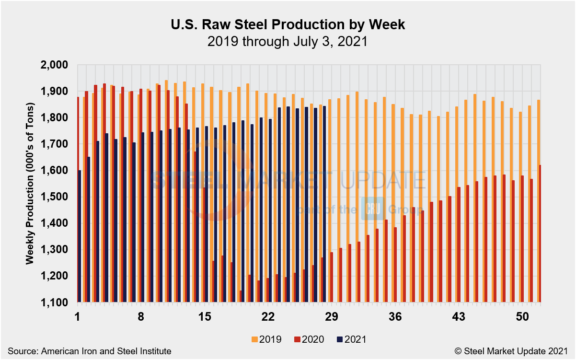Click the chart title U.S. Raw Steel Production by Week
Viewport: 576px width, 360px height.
pyautogui.click(x=288, y=25)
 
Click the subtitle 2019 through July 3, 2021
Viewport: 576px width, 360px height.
pyautogui.click(x=288, y=41)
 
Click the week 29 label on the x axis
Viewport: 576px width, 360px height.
pyautogui.click(x=332, y=317)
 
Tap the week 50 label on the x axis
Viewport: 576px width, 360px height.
pyautogui.click(x=522, y=317)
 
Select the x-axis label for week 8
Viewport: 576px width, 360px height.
pyautogui.click(x=141, y=317)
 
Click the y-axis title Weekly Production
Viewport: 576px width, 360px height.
pyautogui.click(x=30, y=183)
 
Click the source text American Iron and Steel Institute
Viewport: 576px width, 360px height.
pyautogui.click(x=89, y=351)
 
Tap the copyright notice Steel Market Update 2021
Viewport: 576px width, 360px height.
pyautogui.click(x=510, y=351)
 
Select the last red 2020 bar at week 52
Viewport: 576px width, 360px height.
pyautogui.click(x=540, y=233)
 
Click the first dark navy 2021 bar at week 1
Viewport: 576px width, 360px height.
pyautogui.click(x=80, y=236)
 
